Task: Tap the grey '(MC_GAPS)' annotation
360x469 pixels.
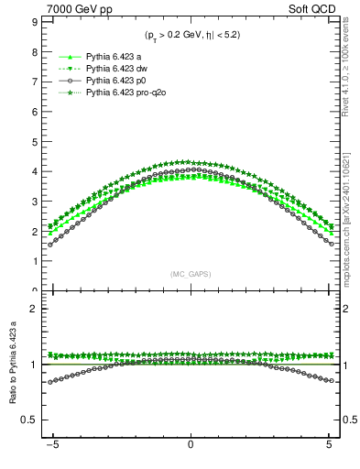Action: [x=190, y=274]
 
